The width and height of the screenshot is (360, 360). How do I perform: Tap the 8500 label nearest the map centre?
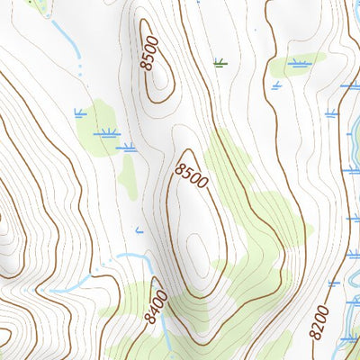point(192,175)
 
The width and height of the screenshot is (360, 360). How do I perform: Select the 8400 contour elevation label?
point(156,305)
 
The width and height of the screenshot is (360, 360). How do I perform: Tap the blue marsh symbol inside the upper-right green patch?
point(299,64)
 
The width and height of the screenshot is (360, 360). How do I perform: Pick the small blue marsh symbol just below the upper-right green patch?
point(276,85)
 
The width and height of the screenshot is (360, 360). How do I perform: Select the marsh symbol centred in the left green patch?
point(108,132)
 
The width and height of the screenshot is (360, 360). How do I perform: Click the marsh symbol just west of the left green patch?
point(80,112)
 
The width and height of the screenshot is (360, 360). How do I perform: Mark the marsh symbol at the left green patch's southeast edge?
point(127,147)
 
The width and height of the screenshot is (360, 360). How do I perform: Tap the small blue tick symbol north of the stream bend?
point(139,231)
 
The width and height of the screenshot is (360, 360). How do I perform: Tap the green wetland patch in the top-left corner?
point(36,4)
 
